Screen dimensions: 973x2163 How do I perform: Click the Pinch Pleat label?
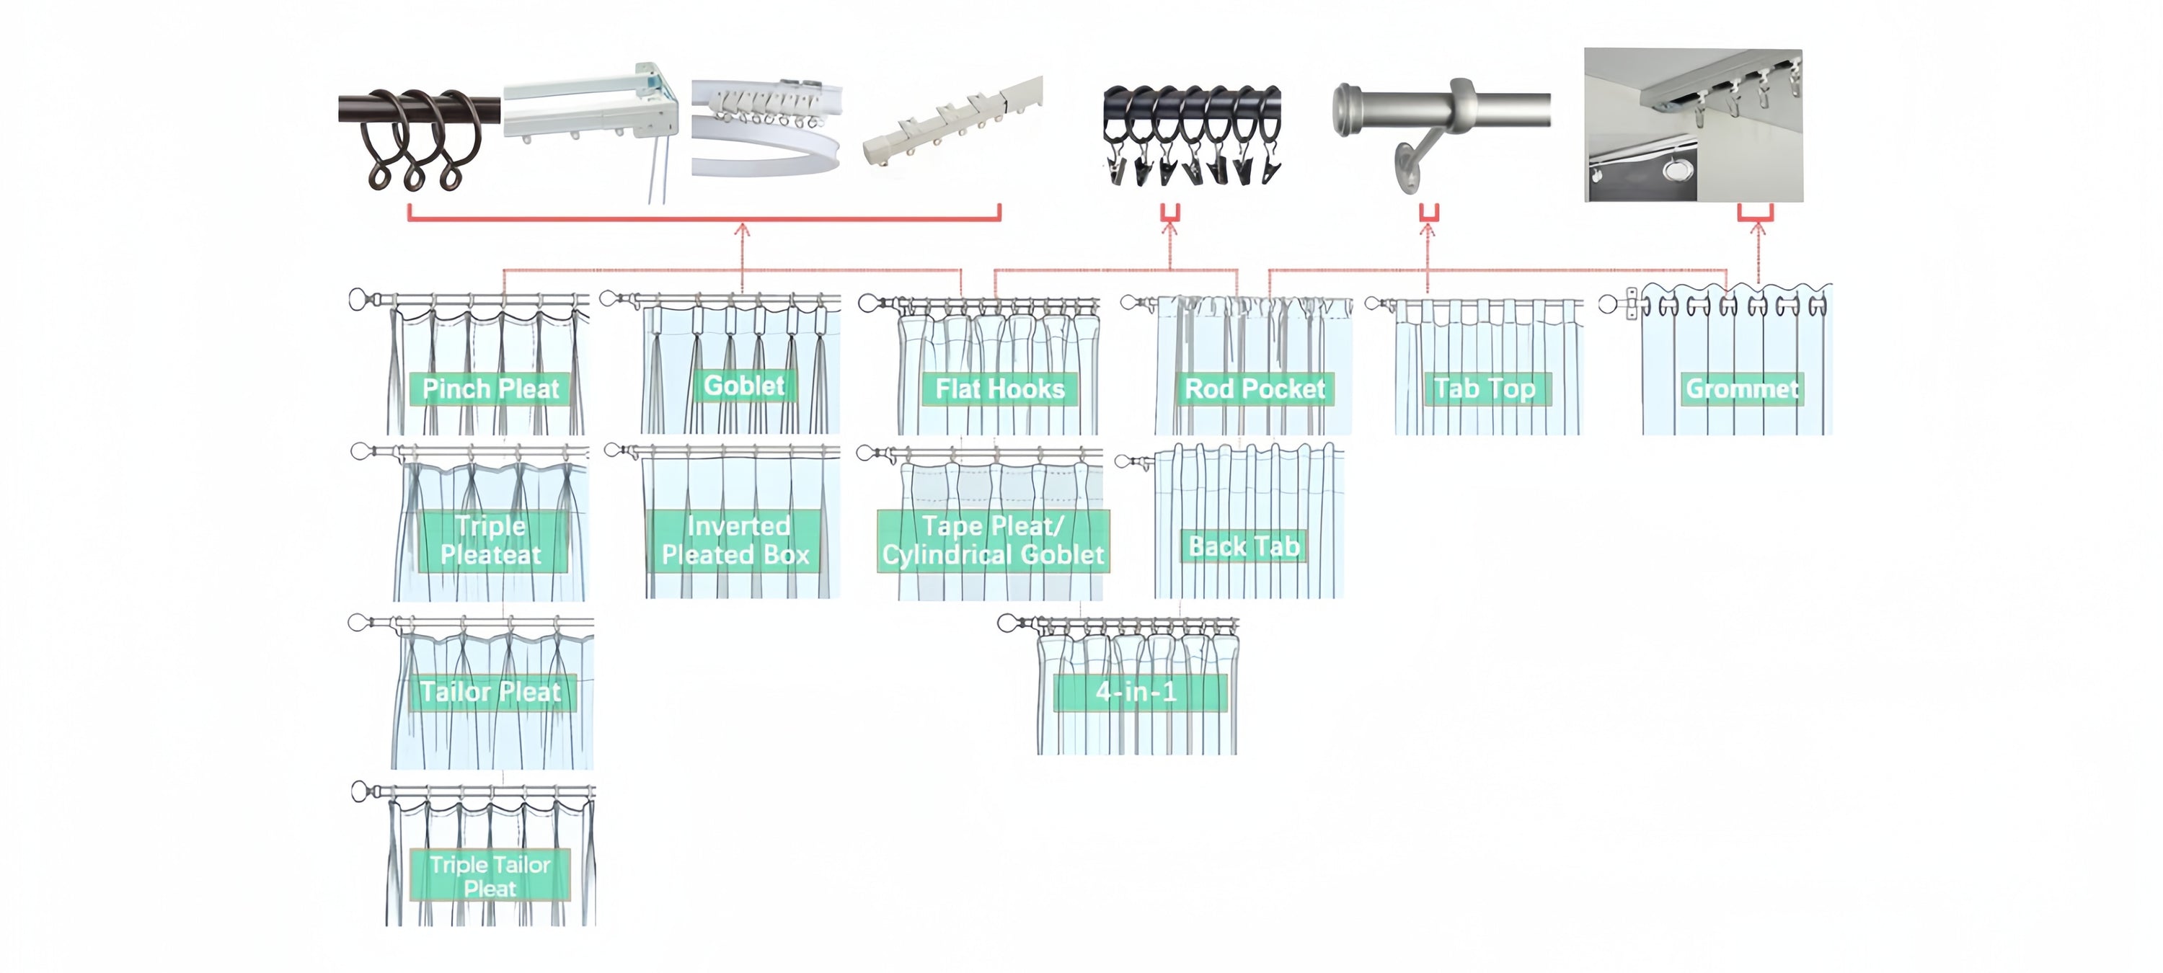click(490, 388)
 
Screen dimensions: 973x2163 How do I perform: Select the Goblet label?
click(744, 386)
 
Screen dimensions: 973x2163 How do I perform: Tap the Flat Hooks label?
click(999, 388)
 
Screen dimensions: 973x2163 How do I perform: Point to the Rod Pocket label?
click(1255, 388)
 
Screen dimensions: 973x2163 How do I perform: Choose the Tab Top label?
click(1485, 388)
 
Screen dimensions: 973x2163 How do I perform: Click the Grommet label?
click(1743, 388)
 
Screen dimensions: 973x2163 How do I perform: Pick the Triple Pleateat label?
click(491, 540)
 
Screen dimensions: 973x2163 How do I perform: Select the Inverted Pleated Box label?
click(735, 540)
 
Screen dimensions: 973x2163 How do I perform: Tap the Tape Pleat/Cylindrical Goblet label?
click(993, 540)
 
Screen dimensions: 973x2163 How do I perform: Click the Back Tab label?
click(1244, 546)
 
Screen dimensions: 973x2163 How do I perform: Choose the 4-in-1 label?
click(1136, 692)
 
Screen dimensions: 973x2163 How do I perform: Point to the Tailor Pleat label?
click(491, 692)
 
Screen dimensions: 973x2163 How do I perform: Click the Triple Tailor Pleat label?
click(490, 876)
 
